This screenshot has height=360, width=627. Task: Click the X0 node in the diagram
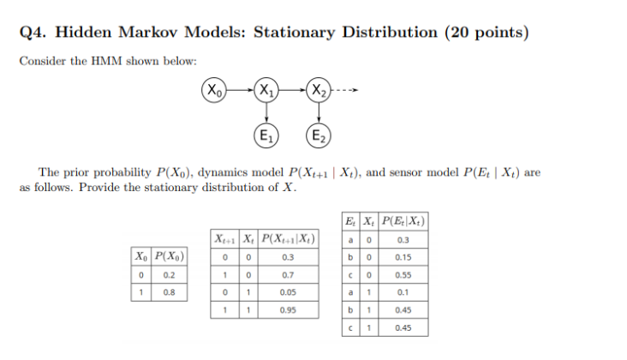[x=215, y=89]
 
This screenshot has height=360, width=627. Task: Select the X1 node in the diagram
[x=267, y=89]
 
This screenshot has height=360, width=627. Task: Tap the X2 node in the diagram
[x=319, y=89]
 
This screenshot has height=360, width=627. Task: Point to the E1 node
[x=267, y=135]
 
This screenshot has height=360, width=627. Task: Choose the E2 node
[x=319, y=135]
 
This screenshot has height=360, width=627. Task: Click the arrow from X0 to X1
[x=241, y=89]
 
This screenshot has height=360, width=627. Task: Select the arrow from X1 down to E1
[x=267, y=112]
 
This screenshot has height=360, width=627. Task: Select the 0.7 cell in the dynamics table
[x=287, y=275]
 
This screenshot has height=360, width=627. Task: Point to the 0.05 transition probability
[x=287, y=293]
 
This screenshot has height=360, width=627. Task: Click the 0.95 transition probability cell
[x=287, y=310]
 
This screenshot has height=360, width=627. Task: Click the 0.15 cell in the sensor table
[x=402, y=256]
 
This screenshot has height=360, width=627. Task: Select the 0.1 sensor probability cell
[x=402, y=291]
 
